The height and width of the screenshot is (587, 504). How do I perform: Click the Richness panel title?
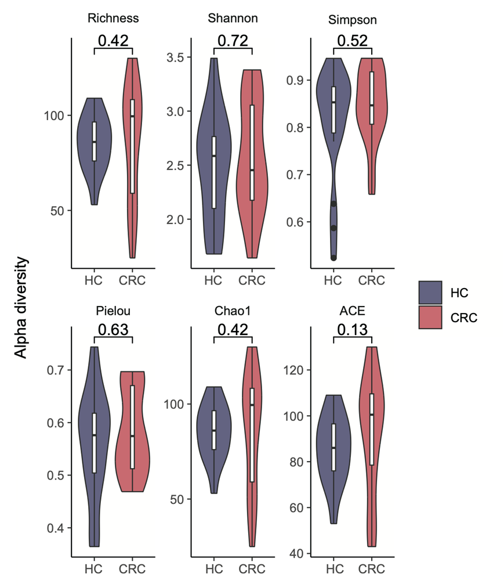pos(113,18)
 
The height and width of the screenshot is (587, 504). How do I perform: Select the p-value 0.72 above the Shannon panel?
pos(233,41)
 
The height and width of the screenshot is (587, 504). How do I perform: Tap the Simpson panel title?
pos(352,20)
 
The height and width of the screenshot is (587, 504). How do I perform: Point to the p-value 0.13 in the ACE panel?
pos(352,329)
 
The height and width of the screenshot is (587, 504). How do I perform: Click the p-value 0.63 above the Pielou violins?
pos(113,329)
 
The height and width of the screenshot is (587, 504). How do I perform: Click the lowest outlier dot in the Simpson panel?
pos(333,257)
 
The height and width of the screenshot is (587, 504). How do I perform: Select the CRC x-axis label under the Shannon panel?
pos(252,281)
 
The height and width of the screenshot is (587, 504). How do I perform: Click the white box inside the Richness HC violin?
pos(94,141)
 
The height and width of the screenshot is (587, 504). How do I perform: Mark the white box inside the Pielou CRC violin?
pos(133,427)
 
